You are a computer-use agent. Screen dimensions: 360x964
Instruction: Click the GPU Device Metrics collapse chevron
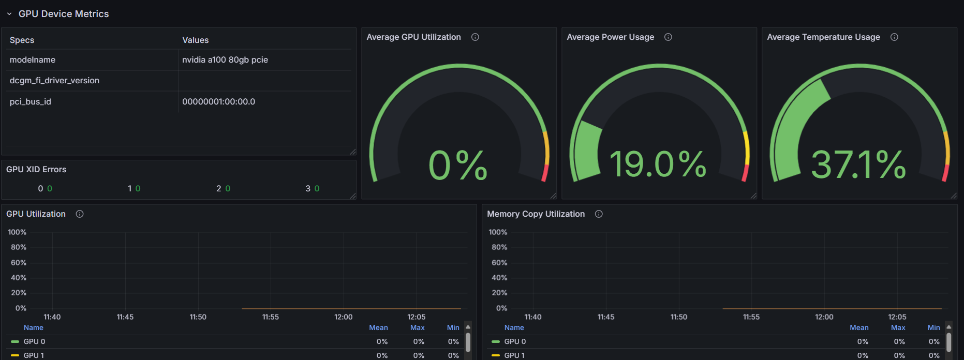(x=9, y=14)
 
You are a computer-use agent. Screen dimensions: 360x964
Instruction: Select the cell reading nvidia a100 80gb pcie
(x=225, y=60)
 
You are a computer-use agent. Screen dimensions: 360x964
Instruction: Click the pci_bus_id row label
(x=31, y=102)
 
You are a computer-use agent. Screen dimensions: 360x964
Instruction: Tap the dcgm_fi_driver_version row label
(x=54, y=81)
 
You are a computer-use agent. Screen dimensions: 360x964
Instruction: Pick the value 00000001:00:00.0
(x=218, y=102)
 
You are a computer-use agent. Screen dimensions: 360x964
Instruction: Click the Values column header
(x=196, y=40)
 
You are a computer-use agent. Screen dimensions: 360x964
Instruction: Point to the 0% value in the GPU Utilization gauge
(x=458, y=166)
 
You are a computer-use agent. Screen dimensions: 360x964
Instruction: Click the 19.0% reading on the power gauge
(x=658, y=164)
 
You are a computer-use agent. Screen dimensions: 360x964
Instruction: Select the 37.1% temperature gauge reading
(x=858, y=164)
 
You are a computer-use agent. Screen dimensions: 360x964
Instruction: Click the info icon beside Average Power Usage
(x=668, y=37)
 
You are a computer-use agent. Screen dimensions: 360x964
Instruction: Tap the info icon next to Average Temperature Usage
(x=894, y=37)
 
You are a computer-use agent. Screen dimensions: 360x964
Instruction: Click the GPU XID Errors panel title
(x=36, y=170)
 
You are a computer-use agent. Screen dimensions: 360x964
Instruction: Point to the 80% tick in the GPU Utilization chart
(x=19, y=247)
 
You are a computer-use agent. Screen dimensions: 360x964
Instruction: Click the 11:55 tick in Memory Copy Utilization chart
(x=751, y=317)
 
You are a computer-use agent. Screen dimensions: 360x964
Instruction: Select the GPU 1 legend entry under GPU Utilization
(x=34, y=355)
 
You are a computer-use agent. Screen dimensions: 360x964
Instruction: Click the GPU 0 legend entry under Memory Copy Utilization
(x=515, y=341)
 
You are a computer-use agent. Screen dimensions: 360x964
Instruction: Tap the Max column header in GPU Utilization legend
(x=417, y=328)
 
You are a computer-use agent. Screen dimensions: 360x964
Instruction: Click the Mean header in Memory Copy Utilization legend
(x=859, y=328)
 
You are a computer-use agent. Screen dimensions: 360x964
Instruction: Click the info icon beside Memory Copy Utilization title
(x=599, y=214)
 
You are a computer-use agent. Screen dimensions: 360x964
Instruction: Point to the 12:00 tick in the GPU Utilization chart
(x=344, y=317)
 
